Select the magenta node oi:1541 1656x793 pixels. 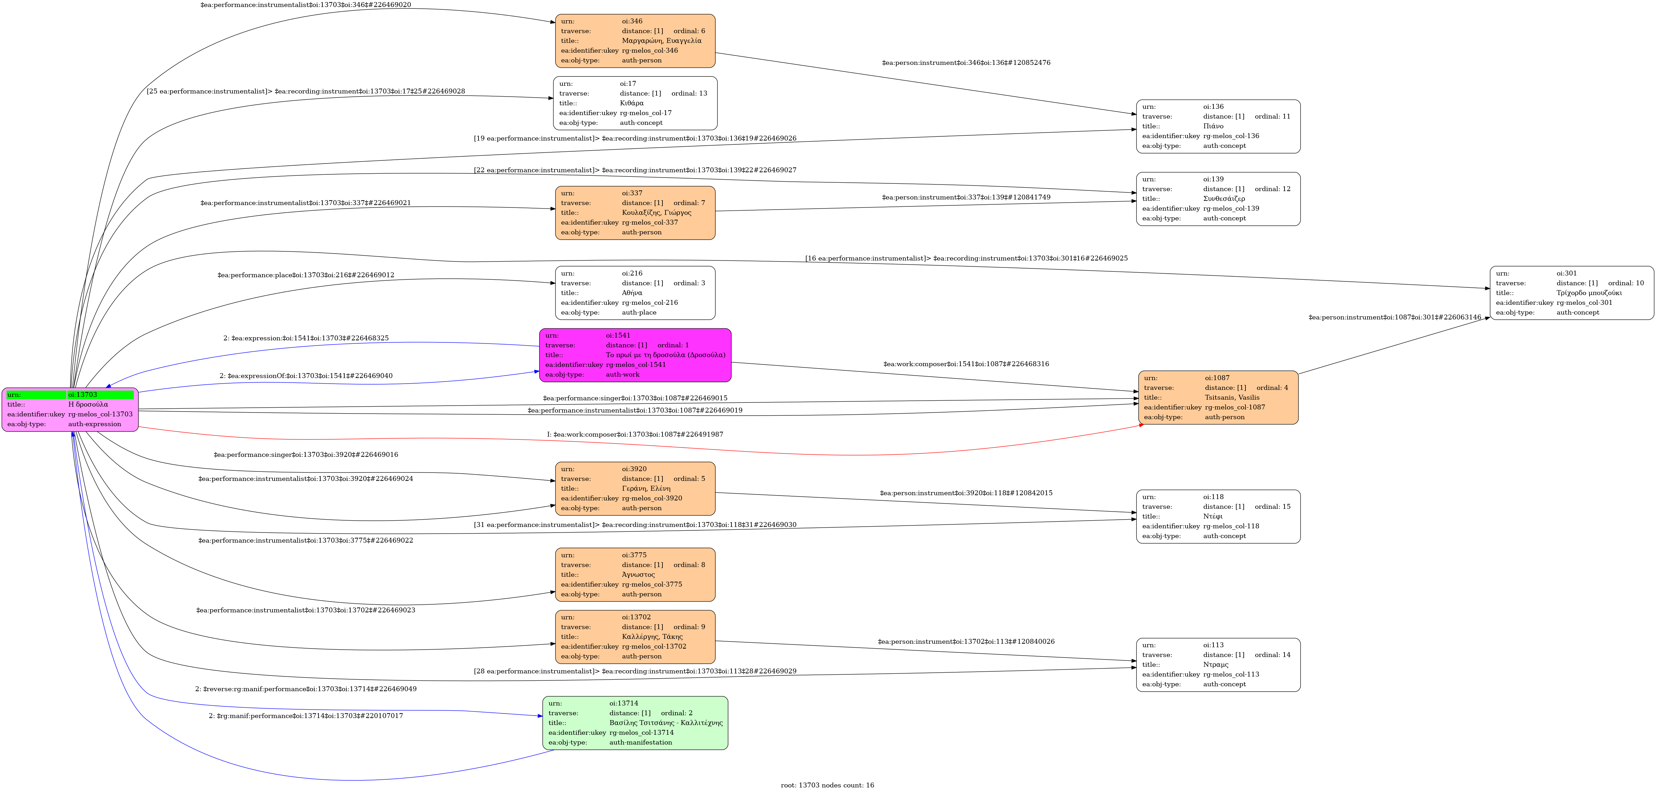coord(635,355)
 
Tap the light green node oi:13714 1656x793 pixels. coord(635,723)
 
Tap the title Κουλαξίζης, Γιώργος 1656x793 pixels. coord(656,213)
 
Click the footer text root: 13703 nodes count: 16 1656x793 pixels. coord(827,785)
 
